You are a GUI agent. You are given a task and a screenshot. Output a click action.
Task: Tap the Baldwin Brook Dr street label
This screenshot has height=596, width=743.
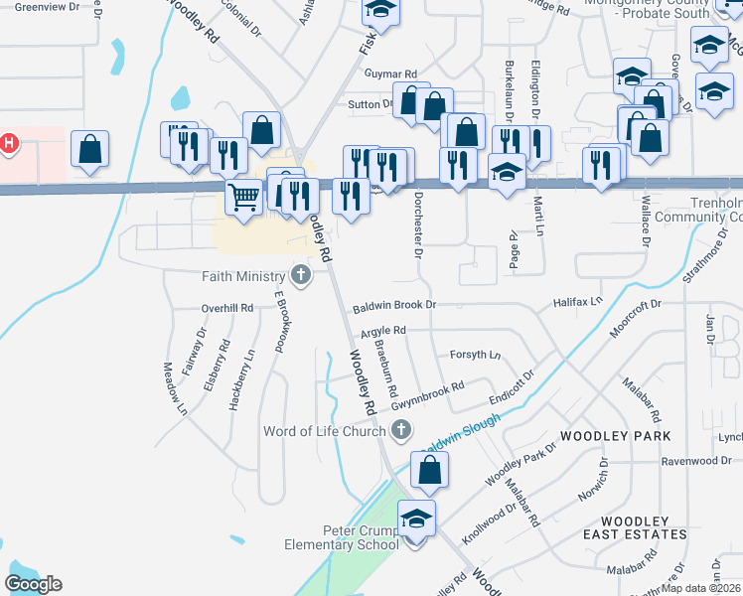(x=395, y=305)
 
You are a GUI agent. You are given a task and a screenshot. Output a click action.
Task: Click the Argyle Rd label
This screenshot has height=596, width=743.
(x=383, y=330)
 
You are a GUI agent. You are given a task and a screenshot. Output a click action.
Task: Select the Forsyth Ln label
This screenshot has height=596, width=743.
(x=475, y=355)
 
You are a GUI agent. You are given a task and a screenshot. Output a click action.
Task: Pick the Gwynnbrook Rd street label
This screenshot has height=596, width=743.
(x=428, y=395)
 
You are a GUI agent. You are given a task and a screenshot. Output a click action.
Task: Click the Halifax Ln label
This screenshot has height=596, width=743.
(x=578, y=301)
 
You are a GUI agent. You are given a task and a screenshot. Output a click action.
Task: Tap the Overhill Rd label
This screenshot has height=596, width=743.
(x=227, y=308)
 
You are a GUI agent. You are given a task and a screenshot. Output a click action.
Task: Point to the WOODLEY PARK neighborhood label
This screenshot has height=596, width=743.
(x=615, y=436)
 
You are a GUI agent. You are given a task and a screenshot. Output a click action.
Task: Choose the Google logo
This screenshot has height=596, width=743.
(x=33, y=583)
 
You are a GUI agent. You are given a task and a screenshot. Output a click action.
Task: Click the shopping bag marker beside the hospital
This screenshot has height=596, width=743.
(x=89, y=150)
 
